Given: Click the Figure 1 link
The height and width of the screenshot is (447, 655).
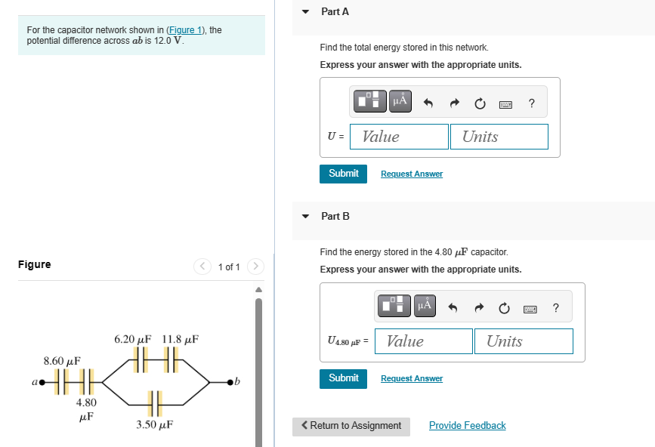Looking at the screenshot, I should (x=185, y=30).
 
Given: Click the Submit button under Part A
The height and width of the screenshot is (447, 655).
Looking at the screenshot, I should (x=343, y=174).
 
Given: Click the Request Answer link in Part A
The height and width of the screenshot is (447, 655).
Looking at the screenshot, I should (x=411, y=174).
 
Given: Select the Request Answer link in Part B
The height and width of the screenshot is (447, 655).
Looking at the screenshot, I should (x=411, y=378).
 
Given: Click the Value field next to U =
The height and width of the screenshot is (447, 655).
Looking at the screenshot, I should (x=399, y=137).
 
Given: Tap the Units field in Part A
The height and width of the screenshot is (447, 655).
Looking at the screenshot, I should (x=499, y=137).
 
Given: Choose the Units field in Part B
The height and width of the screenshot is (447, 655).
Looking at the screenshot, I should (x=524, y=341).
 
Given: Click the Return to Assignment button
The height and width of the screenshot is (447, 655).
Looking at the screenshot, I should (x=351, y=426).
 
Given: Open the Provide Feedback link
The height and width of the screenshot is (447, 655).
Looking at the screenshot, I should (x=467, y=426).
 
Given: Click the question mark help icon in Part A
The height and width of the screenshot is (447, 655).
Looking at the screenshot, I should (x=531, y=103).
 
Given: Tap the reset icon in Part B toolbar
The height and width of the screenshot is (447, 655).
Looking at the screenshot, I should (x=504, y=307).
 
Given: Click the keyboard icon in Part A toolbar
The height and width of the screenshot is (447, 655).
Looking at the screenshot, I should (x=505, y=103).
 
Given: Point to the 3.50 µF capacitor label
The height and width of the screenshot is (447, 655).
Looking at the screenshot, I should (x=155, y=425).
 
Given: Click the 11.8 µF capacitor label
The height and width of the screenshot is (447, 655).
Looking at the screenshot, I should (x=181, y=339).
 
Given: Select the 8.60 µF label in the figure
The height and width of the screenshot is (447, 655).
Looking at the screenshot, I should (x=62, y=360).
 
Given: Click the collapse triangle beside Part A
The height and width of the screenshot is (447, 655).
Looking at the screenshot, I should (x=305, y=12).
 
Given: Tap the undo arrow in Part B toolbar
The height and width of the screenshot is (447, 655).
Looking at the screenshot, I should (x=453, y=307).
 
